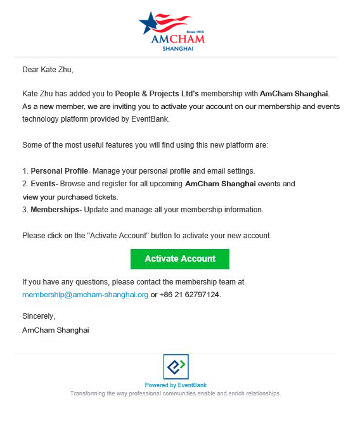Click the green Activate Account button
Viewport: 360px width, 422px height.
(179, 259)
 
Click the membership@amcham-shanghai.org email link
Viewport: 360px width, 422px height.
(85, 295)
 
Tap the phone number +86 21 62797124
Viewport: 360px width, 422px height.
(190, 295)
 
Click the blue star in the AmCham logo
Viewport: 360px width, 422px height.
(148, 23)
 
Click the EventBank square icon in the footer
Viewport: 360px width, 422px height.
(176, 367)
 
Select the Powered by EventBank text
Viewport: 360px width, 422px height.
(176, 385)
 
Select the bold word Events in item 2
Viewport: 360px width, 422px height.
(43, 184)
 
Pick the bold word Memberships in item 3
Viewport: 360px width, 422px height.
(55, 210)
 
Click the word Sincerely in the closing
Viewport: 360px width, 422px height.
(39, 316)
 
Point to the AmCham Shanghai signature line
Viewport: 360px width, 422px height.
(55, 329)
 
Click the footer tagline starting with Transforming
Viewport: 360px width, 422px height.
(176, 393)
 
